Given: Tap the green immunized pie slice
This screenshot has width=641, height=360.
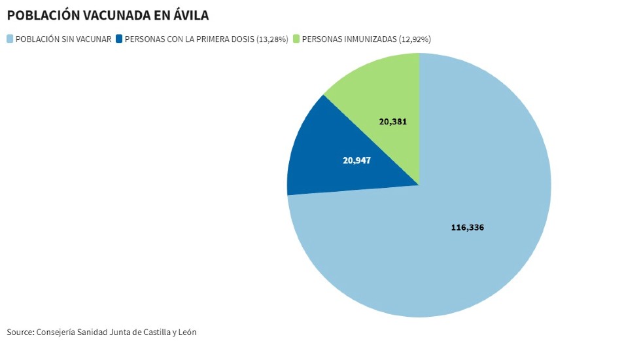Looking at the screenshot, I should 386,92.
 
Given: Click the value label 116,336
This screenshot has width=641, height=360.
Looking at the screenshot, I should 468,228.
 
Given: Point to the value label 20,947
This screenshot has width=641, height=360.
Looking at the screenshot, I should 356,160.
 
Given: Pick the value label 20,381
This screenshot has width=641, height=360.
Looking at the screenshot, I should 393,121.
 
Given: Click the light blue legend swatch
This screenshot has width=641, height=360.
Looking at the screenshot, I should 10,39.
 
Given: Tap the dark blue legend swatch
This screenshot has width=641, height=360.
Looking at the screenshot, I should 118,39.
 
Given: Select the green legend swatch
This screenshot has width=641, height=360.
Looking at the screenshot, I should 296,39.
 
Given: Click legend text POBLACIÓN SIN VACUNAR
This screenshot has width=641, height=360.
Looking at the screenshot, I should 63,39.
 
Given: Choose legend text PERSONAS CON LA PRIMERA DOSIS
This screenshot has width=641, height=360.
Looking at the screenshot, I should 190,39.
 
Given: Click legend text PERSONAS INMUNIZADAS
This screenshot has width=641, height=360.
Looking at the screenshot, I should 349,39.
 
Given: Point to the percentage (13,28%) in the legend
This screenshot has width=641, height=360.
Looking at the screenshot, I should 273,39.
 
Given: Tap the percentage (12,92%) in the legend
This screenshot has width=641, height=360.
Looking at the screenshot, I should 415,39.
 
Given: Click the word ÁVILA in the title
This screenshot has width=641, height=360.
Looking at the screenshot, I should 190,15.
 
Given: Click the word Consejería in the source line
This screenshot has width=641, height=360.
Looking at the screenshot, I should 56,332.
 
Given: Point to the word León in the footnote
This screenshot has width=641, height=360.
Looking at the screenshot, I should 186,332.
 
